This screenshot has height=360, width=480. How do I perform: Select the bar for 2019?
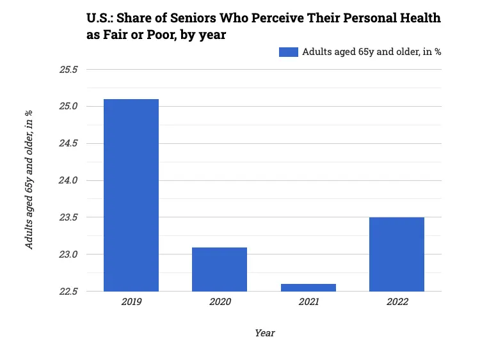(x=131, y=195)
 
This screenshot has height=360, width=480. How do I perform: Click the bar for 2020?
(x=220, y=269)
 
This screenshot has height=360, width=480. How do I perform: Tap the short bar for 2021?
(x=308, y=288)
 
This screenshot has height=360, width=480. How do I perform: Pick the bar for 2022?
(x=397, y=254)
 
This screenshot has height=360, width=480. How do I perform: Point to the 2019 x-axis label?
(x=131, y=302)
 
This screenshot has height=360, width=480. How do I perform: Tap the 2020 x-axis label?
(x=220, y=302)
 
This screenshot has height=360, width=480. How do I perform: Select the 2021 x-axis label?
(x=308, y=302)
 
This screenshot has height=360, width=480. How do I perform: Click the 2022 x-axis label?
(x=397, y=302)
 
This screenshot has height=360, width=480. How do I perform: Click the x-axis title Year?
(x=264, y=333)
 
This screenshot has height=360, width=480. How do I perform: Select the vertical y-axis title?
(x=29, y=180)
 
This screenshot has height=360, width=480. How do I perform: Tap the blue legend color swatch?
(x=289, y=52)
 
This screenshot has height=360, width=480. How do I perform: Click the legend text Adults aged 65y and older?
(x=371, y=52)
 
